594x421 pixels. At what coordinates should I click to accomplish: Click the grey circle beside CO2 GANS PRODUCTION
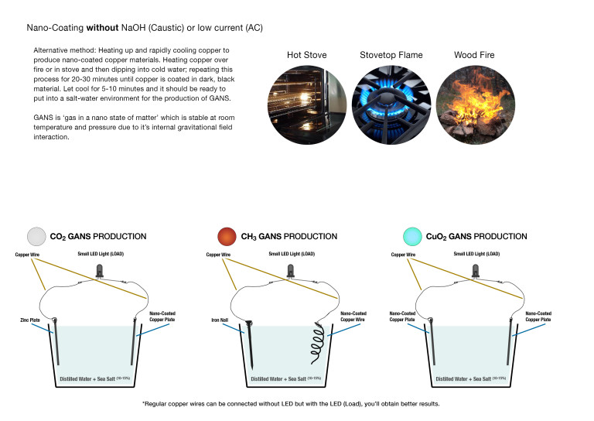pos(36,236)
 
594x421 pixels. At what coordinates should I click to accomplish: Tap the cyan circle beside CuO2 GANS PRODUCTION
pos(413,236)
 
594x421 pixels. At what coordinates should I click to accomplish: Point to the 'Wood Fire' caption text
pos(474,55)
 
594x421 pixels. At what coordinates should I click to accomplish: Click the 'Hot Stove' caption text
pos(306,55)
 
